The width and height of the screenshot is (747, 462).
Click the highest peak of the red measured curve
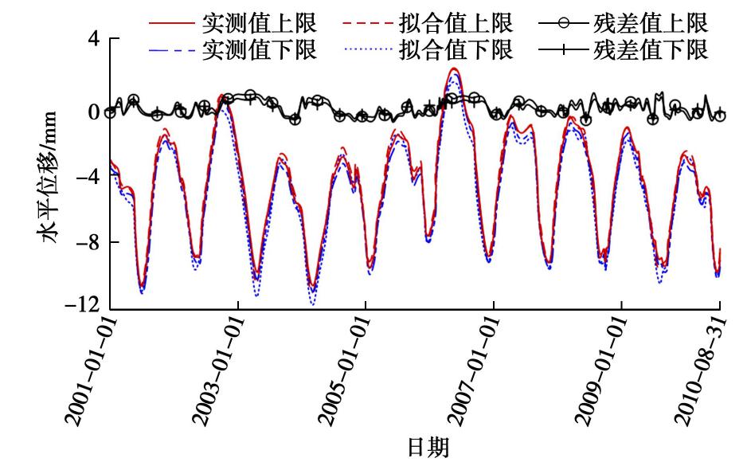(453, 69)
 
